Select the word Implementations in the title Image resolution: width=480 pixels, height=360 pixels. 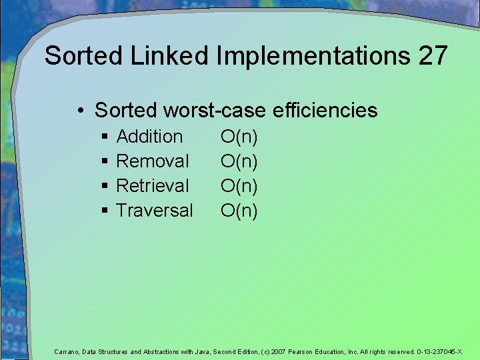click(313, 56)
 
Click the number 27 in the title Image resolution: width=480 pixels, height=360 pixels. click(433, 56)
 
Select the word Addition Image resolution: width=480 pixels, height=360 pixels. click(149, 137)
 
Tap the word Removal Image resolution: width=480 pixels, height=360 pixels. click(153, 161)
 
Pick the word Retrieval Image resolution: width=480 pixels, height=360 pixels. click(153, 186)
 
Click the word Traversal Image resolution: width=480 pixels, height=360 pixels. click(155, 211)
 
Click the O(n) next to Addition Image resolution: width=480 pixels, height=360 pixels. click(239, 137)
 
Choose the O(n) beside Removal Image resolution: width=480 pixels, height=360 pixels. click(239, 161)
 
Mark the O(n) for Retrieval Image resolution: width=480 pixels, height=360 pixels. click(239, 186)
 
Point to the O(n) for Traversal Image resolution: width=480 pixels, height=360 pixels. click(239, 211)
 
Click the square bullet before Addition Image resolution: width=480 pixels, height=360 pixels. click(105, 137)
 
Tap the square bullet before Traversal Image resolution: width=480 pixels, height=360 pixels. click(105, 211)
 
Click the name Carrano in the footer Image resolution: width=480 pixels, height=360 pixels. click(66, 351)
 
